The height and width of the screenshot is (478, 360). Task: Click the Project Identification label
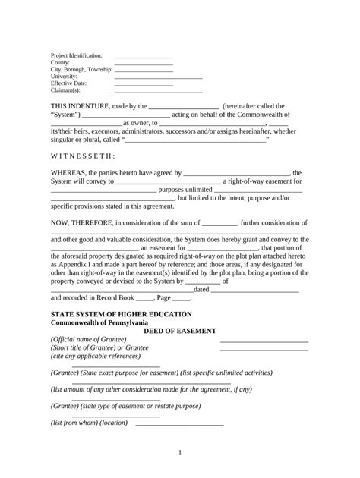point(76,56)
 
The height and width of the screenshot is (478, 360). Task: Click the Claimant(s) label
point(66,90)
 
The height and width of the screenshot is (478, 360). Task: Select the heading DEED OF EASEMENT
point(180,331)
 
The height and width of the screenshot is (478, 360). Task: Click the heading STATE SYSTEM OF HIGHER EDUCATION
point(121,314)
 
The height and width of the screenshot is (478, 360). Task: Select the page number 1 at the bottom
point(180,453)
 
